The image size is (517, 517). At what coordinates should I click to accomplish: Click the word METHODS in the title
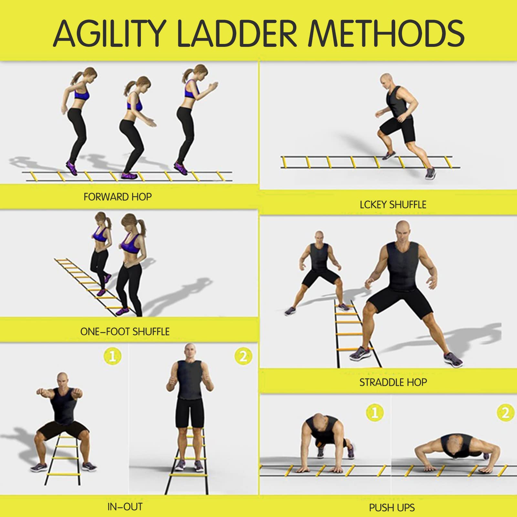[x=386, y=33]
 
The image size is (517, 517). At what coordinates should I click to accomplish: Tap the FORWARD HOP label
[x=118, y=197]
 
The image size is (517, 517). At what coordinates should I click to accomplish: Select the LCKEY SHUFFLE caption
[x=393, y=205]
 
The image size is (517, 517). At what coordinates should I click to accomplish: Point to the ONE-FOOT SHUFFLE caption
[x=125, y=332]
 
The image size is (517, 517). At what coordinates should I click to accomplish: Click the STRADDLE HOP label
[x=393, y=382]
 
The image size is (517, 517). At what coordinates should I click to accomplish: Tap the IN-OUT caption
[x=125, y=507]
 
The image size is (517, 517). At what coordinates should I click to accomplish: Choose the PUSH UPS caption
[x=392, y=508]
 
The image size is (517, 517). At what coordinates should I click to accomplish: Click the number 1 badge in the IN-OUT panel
[x=112, y=356]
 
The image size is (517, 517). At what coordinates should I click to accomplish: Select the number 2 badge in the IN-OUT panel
[x=243, y=356]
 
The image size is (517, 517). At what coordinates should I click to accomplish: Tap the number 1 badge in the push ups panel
[x=375, y=413]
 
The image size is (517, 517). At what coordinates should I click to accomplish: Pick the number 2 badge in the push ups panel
[x=505, y=413]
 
